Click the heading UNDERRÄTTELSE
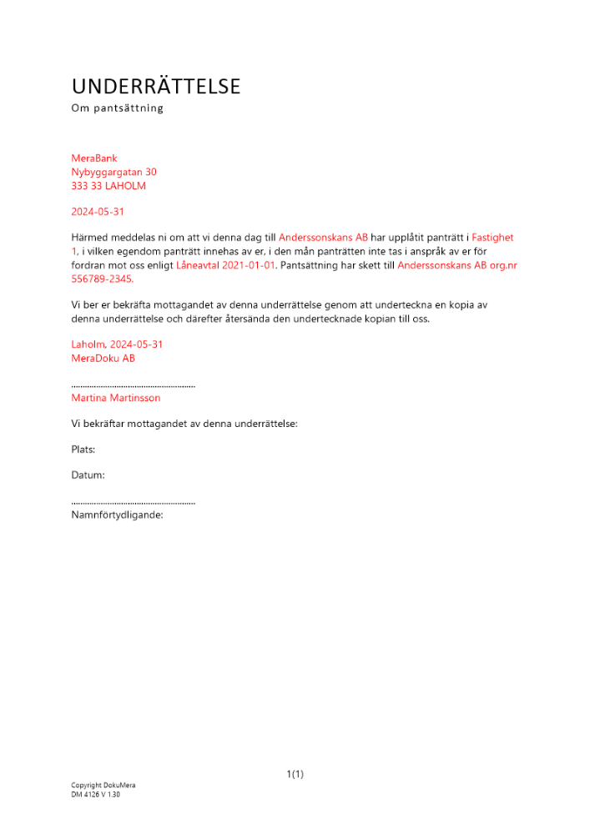coord(156,86)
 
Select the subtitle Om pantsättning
coord(117,108)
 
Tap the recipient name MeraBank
coord(94,158)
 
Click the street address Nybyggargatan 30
coord(113,172)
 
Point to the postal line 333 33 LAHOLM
coord(108,186)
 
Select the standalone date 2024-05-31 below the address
coord(98,213)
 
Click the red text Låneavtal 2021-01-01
coord(225,265)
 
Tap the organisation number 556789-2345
coord(102,279)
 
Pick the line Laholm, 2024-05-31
coord(117,344)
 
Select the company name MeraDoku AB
coord(103,359)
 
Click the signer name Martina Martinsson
coord(116,399)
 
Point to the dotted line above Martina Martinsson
coord(134,386)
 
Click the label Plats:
coord(83,450)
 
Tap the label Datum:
coord(88,475)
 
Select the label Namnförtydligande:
coord(117,515)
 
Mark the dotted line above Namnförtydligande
coord(134,503)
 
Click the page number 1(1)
coord(295,775)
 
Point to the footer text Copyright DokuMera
coord(103,786)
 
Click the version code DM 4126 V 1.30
coord(95,795)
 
